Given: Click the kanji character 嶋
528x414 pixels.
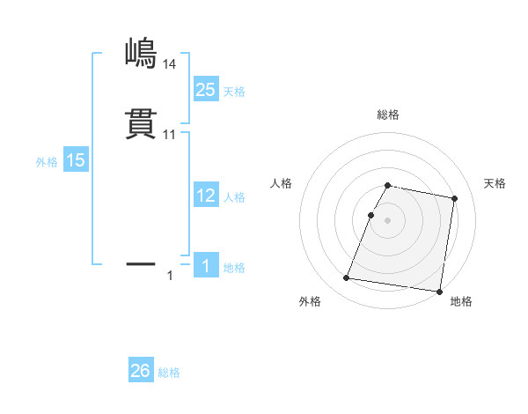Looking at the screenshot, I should click(x=141, y=54).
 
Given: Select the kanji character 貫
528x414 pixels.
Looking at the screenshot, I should click(x=141, y=124).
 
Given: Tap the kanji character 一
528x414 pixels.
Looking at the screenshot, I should click(x=141, y=262).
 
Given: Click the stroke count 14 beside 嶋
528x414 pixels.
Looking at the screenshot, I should click(x=169, y=63).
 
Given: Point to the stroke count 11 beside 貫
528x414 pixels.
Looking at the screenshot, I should click(x=169, y=134).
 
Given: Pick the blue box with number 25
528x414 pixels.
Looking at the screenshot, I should click(x=206, y=89).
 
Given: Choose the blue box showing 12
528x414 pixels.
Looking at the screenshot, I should click(x=206, y=196).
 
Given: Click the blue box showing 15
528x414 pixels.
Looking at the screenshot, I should click(x=76, y=160).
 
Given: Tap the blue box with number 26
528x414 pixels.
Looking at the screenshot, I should click(x=141, y=371).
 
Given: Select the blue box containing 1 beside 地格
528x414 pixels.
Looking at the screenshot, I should click(x=206, y=265).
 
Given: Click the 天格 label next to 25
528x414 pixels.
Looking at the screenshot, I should click(x=234, y=92).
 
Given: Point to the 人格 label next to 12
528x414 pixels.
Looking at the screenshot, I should click(x=234, y=197).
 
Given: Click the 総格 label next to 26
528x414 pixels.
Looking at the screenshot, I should click(x=169, y=373).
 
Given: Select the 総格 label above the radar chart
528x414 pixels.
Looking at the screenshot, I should click(x=388, y=115).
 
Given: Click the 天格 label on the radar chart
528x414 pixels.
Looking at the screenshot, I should click(x=495, y=183).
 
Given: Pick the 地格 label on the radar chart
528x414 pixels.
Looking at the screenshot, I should click(x=461, y=301).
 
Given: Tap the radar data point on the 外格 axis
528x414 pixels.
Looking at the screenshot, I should click(x=347, y=278).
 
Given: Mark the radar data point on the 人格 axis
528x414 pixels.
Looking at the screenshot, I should click(x=371, y=215).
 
